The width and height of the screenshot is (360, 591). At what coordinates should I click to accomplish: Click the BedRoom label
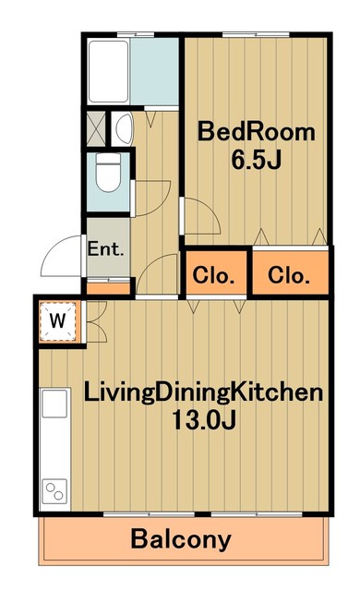(x=256, y=132)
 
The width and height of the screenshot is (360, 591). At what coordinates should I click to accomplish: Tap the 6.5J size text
(x=256, y=160)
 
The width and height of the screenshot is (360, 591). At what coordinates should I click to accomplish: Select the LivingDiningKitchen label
(x=203, y=394)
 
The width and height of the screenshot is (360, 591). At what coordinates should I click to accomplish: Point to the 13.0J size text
(x=204, y=419)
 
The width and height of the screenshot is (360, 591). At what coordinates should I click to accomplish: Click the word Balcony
(x=181, y=539)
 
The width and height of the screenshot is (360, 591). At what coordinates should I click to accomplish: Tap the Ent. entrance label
(x=105, y=248)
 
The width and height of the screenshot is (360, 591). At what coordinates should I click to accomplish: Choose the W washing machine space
(x=57, y=321)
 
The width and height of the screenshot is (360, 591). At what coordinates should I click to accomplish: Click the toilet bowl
(x=108, y=172)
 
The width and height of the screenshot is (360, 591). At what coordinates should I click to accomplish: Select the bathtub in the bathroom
(x=108, y=71)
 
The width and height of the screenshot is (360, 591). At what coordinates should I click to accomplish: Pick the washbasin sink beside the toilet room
(x=124, y=128)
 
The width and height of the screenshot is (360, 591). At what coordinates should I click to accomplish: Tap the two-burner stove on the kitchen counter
(x=54, y=491)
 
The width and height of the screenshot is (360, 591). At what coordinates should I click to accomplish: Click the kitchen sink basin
(x=54, y=404)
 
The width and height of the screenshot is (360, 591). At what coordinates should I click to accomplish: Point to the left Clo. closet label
(x=213, y=275)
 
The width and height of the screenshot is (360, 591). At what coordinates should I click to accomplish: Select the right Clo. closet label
(x=289, y=275)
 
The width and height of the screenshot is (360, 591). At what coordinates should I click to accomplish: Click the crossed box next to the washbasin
(x=96, y=128)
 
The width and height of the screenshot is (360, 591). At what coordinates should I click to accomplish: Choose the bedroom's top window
(x=256, y=35)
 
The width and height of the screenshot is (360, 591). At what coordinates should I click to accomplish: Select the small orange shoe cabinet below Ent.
(x=108, y=288)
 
